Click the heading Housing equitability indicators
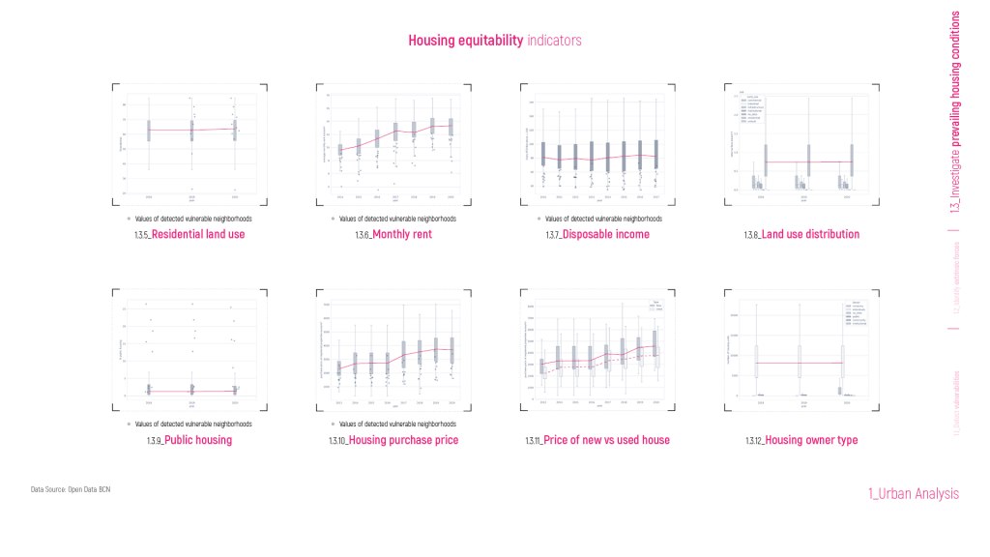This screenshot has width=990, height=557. click(x=494, y=41)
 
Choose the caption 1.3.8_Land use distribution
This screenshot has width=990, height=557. click(x=801, y=235)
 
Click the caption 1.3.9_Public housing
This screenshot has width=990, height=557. click(x=189, y=441)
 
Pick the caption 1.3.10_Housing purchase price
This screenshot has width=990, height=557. click(x=393, y=441)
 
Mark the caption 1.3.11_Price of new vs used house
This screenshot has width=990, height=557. click(x=597, y=441)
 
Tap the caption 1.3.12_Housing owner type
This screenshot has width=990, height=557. click(x=801, y=441)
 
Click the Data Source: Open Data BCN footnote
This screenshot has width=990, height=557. click(x=71, y=490)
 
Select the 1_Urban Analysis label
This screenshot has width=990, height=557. click(x=914, y=494)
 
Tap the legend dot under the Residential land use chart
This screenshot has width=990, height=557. click(x=129, y=220)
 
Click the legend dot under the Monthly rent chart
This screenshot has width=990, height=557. click(x=333, y=220)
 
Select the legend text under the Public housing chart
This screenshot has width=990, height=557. click(x=193, y=425)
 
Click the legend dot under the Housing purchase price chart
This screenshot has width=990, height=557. click(x=333, y=425)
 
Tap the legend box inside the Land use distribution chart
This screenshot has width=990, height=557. click(x=750, y=108)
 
